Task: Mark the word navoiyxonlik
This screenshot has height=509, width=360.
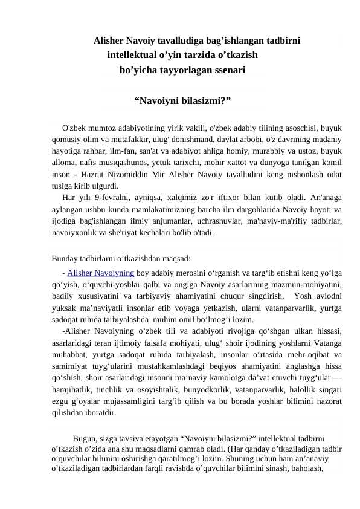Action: (x=77, y=232)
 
